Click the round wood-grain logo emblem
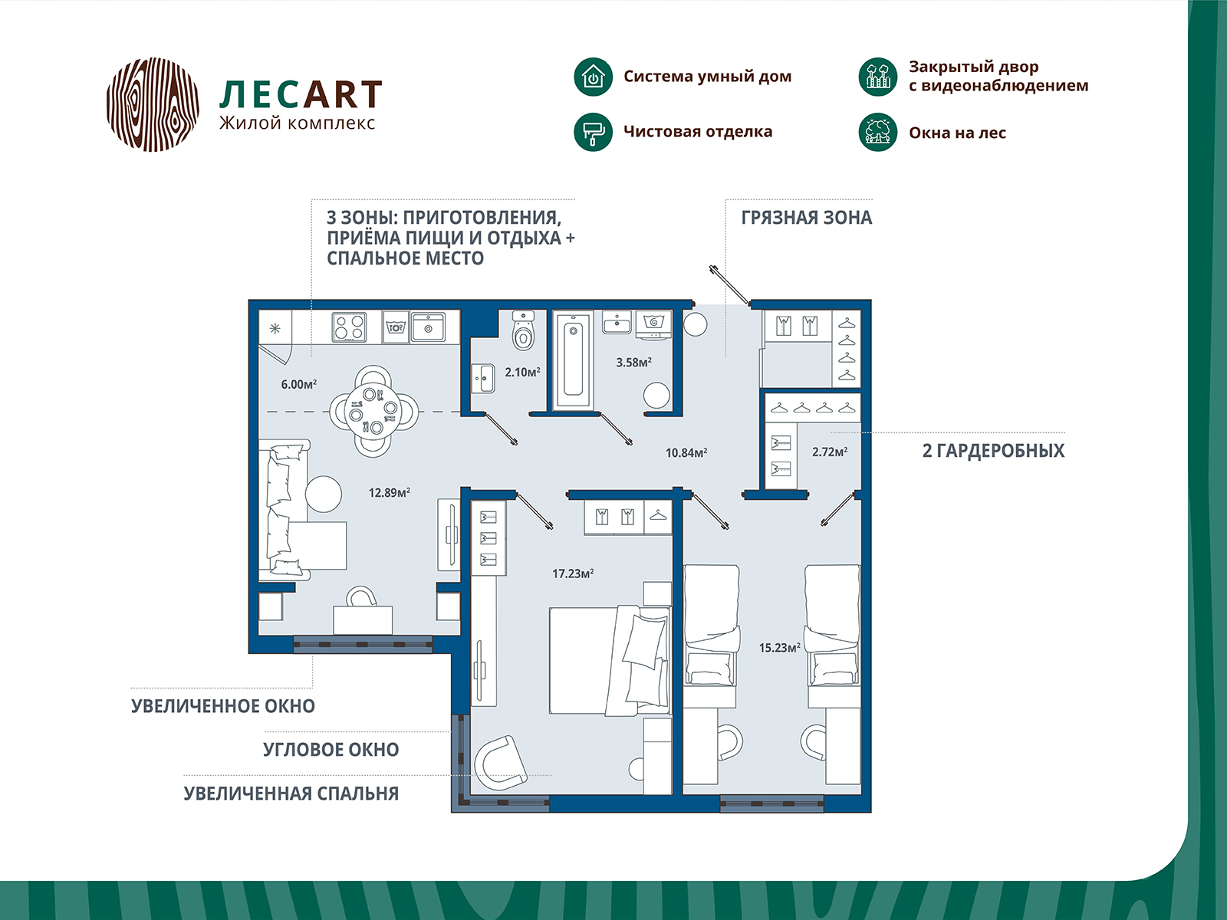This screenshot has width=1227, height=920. coord(153,104)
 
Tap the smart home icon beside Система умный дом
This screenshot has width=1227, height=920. coord(593,77)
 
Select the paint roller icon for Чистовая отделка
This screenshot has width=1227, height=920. coord(593,132)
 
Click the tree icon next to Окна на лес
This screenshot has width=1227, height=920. coord(877,133)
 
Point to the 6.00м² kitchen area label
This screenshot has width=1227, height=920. coord(298,384)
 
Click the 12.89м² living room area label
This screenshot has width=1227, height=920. coord(389,493)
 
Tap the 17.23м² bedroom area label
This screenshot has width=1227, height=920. coord(573,573)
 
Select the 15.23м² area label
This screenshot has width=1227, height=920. coord(779,647)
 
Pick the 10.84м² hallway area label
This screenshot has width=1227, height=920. coord(686,452)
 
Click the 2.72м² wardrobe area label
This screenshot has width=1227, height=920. coord(830,452)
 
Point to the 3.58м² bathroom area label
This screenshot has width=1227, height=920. coord(634,362)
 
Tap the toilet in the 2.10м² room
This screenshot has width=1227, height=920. coord(523,330)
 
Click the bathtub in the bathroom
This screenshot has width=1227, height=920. coord(573,361)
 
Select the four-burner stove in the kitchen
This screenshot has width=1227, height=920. coord(350,327)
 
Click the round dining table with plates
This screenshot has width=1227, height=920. coord(373,412)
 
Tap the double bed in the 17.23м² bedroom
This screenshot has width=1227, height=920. coord(610,660)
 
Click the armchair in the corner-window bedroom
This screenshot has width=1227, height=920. coord(501,764)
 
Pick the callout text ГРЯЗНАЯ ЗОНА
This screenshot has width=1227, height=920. coord(806,217)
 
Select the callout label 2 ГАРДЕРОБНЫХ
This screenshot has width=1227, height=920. coord(993,450)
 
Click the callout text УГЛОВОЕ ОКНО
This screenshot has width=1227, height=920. coord(331,749)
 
